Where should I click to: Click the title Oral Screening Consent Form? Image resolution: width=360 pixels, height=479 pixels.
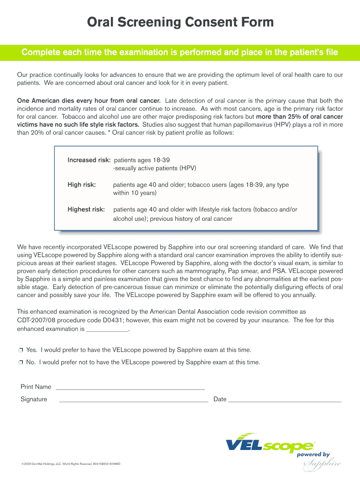point(180,22)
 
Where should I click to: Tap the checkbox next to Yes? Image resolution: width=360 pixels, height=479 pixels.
point(21,350)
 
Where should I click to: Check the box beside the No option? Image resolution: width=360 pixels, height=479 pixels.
point(21,363)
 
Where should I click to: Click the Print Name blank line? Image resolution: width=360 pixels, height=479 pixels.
point(130,388)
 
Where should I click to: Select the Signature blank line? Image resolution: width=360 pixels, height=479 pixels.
point(134,401)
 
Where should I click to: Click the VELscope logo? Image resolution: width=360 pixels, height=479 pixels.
point(270,444)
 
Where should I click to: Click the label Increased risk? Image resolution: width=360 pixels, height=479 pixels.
point(89,160)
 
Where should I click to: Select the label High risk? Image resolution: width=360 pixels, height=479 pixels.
point(82,185)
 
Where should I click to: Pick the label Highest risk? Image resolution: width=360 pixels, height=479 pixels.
point(86,210)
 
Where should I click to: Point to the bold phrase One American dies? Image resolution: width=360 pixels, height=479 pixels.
point(47,101)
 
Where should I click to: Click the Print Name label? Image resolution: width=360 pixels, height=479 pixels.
point(36,387)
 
